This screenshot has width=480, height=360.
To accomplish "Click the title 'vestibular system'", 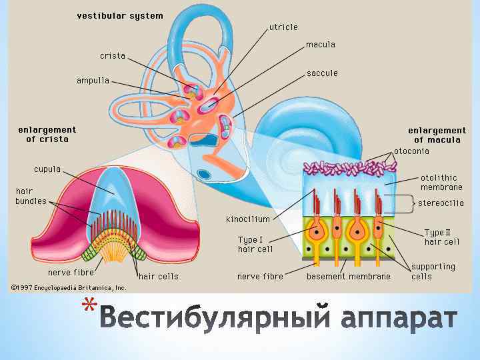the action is click(119, 16).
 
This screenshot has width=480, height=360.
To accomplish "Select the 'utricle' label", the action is click(283, 27).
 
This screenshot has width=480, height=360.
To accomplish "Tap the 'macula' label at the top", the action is click(320, 45).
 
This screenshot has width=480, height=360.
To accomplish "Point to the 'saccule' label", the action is click(322, 73).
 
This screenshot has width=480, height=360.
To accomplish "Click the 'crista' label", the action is click(113, 56).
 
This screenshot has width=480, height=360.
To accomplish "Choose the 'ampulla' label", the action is click(93, 81).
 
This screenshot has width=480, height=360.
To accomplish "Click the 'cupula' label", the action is click(47, 169).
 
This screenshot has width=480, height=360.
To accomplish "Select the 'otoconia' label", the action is click(411, 151).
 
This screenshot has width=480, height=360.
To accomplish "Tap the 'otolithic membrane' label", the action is click(439, 183).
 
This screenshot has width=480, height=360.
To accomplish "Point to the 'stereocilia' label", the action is click(441, 203).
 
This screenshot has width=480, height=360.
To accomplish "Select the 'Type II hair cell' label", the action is click(441, 237).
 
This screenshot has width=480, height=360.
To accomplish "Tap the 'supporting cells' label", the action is click(433, 271).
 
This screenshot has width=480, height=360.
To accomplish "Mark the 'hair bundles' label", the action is click(31, 196).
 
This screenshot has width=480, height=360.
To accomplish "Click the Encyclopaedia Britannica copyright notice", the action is click(68, 288).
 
